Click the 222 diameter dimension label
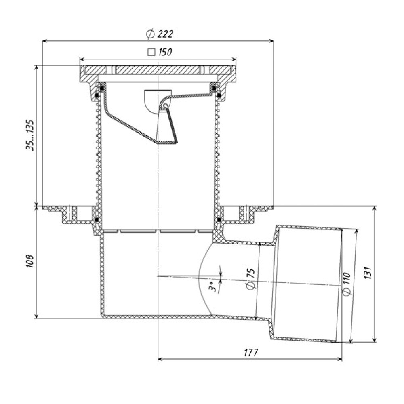coord(165,34)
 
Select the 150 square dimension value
coord(165,52)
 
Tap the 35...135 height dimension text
coord(30,135)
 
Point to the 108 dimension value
coord(30,261)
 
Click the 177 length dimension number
coord(251,352)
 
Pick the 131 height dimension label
coord(368,273)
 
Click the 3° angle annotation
coord(213,286)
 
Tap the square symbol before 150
coord(151,52)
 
